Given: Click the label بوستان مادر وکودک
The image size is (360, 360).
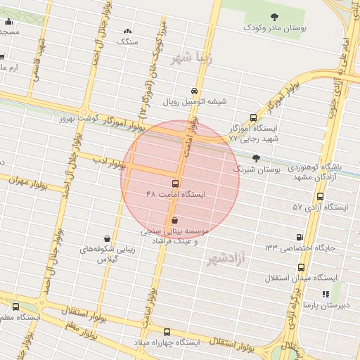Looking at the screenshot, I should click(276, 27).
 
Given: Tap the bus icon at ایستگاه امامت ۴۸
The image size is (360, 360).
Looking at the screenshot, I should click(175, 184).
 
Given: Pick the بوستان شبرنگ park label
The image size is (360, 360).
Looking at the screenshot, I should click(256, 169).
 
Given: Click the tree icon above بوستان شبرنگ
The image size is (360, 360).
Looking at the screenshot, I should click(255, 159).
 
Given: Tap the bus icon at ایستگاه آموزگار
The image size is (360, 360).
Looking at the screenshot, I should click(253, 119).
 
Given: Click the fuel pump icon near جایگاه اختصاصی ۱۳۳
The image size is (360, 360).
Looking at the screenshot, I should click(301, 238).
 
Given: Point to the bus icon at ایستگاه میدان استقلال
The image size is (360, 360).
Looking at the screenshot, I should click(301, 268).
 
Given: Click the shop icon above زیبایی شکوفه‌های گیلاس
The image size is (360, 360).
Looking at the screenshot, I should click(106, 238).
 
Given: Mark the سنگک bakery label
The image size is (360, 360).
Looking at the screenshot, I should click(128, 41).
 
